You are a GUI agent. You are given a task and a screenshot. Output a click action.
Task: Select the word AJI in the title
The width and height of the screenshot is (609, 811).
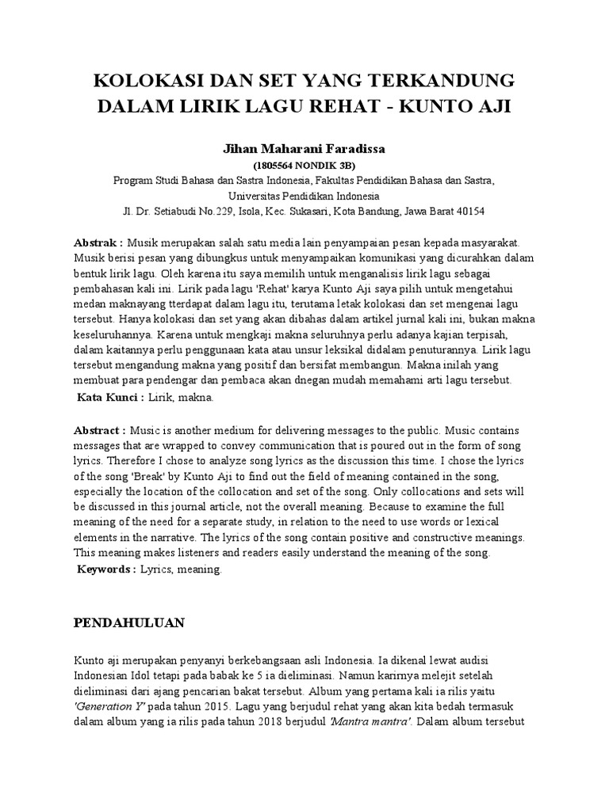pos(494,106)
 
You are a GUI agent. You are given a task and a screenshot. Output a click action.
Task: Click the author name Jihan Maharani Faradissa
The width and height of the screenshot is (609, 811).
pos(304,148)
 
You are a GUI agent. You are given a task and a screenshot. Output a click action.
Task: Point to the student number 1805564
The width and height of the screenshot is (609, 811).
pos(275,165)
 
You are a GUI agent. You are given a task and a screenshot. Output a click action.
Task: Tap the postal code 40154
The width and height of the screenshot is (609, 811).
pos(469,211)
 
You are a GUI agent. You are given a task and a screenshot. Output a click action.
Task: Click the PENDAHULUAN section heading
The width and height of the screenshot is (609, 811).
pos(128,623)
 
